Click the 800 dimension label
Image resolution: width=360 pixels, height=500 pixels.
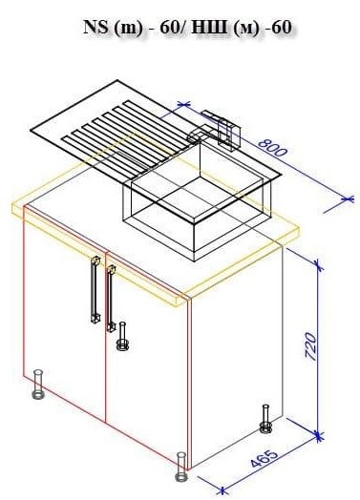pos(272,148)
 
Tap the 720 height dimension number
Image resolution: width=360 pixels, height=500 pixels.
pos(310,346)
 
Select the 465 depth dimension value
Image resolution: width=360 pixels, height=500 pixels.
pos(264,459)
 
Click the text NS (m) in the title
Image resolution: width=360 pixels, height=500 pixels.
pos(113,28)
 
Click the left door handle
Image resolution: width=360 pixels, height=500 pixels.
pos(95,289)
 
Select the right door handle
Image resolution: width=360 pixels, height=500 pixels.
pos(111,298)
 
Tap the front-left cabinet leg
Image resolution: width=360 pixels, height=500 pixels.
pos(38,385)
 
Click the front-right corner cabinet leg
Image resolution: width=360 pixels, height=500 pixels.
pos(181,467)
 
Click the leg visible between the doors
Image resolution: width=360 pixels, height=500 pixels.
pos(122,337)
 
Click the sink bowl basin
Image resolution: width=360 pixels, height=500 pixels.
pos(197,201)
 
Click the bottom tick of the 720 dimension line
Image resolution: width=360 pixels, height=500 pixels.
pos(318,435)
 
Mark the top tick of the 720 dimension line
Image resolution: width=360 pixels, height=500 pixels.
pos(317,264)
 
